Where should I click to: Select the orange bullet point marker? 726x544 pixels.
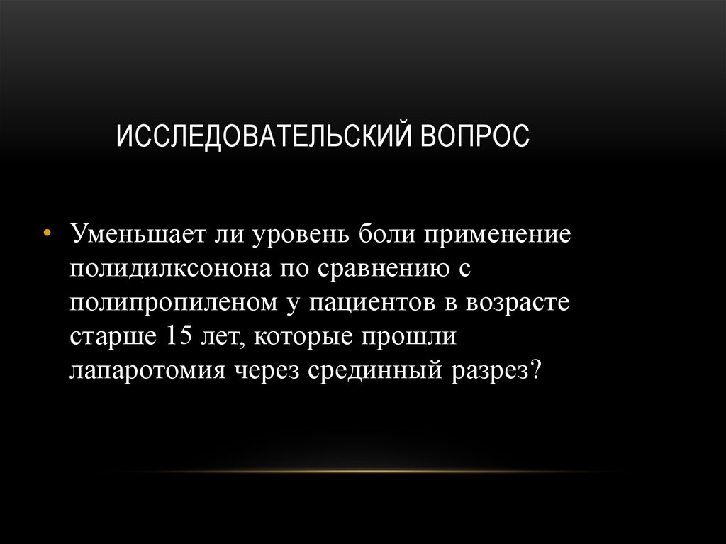pos(47,234)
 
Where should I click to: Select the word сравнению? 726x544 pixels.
pos(382,269)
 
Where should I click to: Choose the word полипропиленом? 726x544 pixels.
pos(173,303)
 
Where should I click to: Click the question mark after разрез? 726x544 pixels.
pos(535,370)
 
